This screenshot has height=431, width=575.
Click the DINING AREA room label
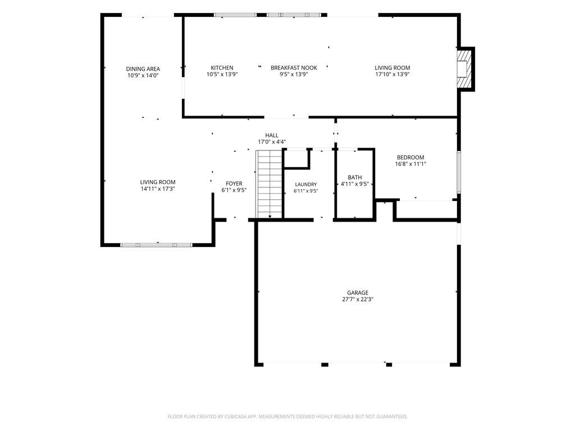[x=143, y=69]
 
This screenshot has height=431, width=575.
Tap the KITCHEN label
[x=222, y=68]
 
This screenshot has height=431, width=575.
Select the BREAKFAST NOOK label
[x=294, y=68]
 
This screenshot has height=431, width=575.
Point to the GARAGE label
[x=358, y=293]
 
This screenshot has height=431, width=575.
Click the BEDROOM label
[x=410, y=158]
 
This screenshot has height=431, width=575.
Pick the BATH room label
[x=355, y=177]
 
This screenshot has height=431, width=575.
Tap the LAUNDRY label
[x=306, y=185]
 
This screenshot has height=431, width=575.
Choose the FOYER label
[x=234, y=184]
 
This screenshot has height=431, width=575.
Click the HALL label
[x=272, y=135]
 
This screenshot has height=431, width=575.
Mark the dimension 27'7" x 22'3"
[x=358, y=300]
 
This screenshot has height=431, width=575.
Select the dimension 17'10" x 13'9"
[x=393, y=75]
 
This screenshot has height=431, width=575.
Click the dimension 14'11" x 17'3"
[x=158, y=189]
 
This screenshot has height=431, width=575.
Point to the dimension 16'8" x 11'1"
[x=410, y=164]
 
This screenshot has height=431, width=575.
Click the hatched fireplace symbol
[x=463, y=69]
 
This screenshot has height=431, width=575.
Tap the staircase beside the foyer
[x=270, y=184]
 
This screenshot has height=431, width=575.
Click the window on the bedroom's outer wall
[x=458, y=172]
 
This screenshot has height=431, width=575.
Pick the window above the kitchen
[x=235, y=15]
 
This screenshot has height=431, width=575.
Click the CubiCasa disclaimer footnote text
[x=287, y=417]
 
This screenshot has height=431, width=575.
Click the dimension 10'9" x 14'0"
[x=143, y=76]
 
